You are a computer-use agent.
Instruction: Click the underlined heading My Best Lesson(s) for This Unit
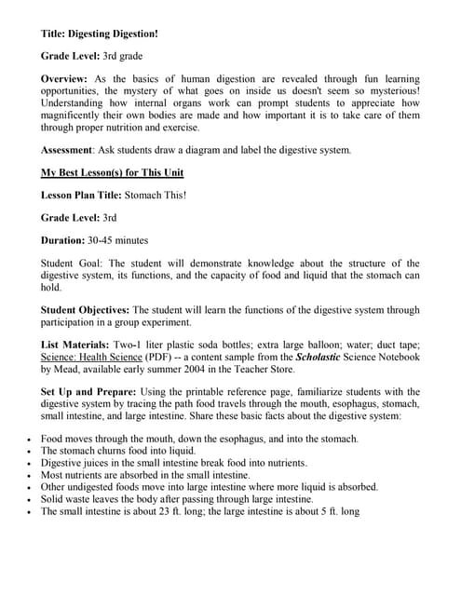pos(112,172)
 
